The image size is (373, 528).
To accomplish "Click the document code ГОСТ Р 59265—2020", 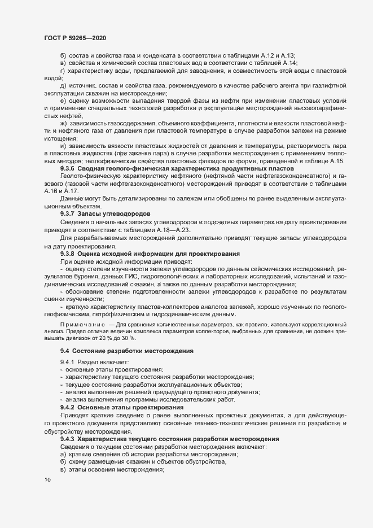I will tap(74, 37).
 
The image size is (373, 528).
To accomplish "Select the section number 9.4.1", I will tap(67, 361).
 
